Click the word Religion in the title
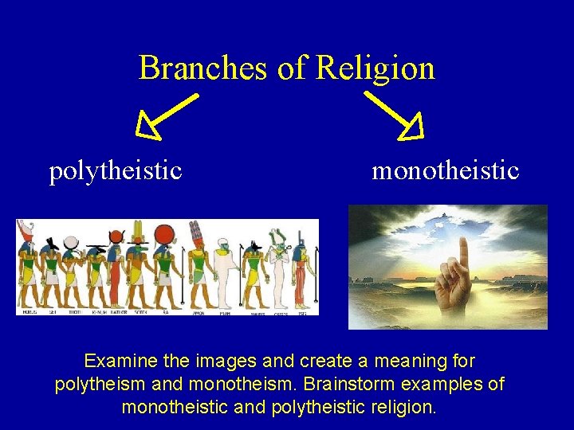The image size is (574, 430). click(x=375, y=68)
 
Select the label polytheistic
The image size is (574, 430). click(x=116, y=170)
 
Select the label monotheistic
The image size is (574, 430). click(x=445, y=170)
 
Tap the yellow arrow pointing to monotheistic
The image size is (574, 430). click(x=395, y=115)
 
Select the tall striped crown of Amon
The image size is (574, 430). click(x=195, y=233)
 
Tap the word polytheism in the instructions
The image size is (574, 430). click(x=94, y=385)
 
